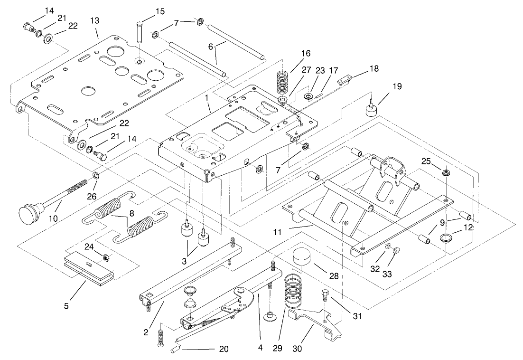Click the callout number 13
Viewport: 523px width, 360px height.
pos(95,21)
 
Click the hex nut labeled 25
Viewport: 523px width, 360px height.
pos(447,172)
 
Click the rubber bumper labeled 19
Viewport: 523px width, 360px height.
pos(372,109)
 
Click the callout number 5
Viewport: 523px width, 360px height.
pos(66,306)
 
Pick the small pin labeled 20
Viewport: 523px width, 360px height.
pos(174,350)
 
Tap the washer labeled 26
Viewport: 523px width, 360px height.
pos(96,176)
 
